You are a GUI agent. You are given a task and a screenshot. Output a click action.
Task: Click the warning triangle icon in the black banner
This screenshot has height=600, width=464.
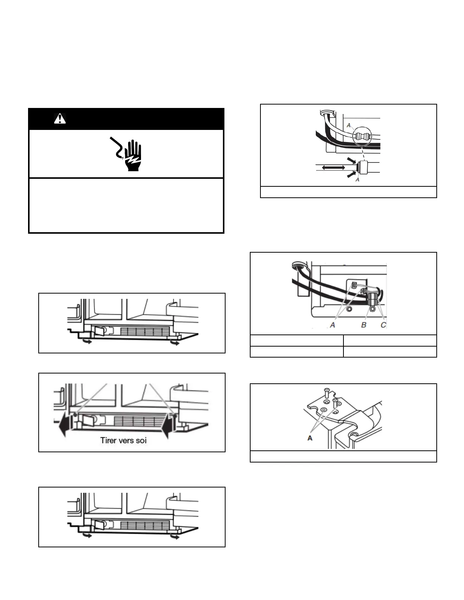click(60, 119)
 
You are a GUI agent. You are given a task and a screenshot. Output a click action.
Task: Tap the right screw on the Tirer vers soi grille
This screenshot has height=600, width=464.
click(174, 416)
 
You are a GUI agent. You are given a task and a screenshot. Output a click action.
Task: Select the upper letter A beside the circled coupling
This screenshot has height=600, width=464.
click(348, 125)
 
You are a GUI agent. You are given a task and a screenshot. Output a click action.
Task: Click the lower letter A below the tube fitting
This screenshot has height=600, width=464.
click(357, 180)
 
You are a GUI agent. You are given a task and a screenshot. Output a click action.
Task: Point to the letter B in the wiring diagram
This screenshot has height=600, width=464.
click(364, 325)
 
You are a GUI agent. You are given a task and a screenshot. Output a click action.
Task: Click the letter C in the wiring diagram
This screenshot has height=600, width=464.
click(383, 325)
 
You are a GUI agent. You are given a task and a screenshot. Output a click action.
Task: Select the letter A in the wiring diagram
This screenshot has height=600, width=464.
click(332, 325)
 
